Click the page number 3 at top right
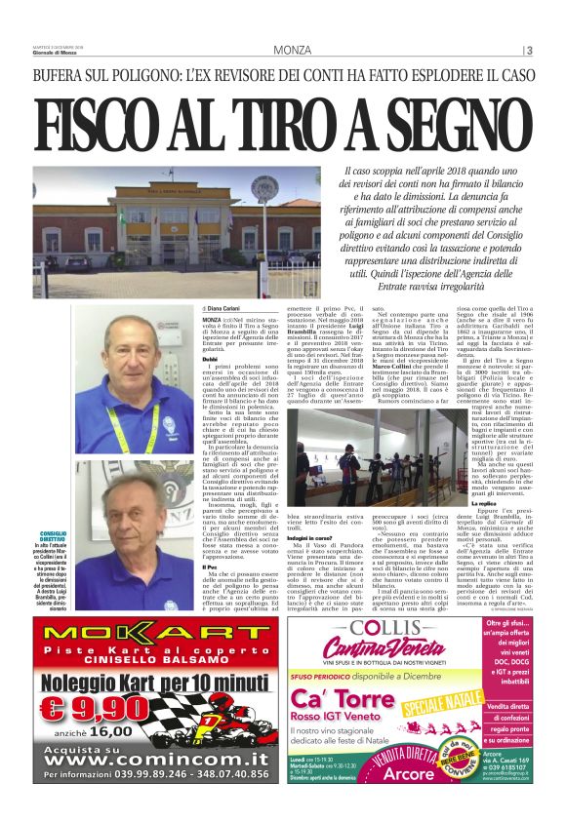(529, 50)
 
